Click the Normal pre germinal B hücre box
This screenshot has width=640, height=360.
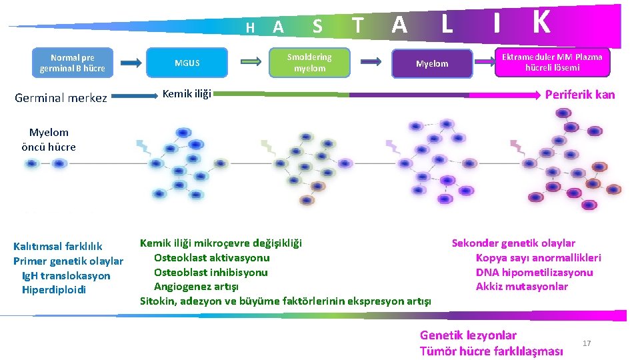pos(73,63)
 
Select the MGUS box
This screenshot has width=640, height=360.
pos(187,63)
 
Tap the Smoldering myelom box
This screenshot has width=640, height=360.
pos(309,63)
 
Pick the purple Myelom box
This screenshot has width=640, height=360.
pos(431,64)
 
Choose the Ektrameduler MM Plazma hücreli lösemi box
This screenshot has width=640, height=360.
pos(552,62)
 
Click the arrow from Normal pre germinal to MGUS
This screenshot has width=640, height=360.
pos(132,63)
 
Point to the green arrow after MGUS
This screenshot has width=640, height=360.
pos(251,61)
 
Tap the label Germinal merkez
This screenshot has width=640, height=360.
pos(61,98)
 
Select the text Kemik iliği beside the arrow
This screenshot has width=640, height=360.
pos(187,94)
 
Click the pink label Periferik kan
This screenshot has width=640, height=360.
pos(580,95)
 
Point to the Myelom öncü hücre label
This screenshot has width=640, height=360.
pos(49,139)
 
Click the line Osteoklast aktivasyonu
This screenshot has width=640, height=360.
pos(211,257)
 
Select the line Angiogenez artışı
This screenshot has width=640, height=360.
pos(196,287)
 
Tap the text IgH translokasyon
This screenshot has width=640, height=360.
pos(66,275)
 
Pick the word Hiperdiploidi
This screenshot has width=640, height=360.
pos(54,289)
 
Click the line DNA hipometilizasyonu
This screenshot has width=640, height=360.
pos(534,272)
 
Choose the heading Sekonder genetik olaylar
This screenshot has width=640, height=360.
pos(513,243)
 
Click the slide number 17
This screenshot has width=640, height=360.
pos(587,343)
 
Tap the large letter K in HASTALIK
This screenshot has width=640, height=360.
pos(541,22)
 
